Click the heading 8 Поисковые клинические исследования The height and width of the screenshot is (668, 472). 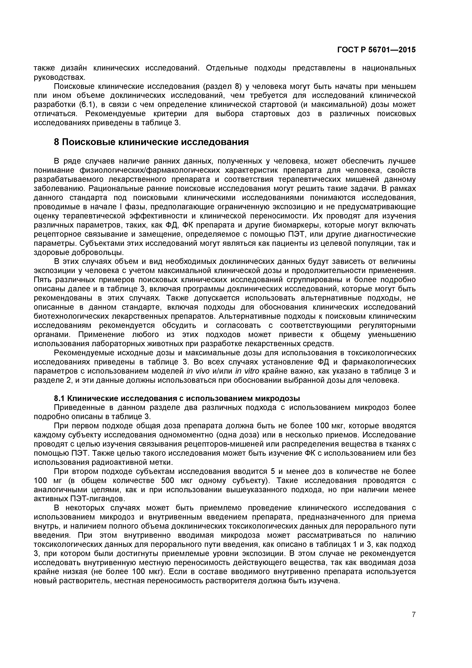[x=151, y=142]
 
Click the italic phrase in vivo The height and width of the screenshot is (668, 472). [x=198, y=371]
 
